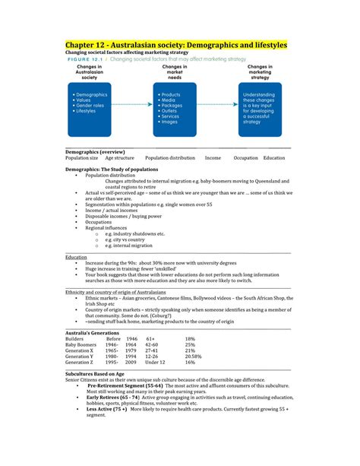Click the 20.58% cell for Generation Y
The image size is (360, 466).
(x=194, y=355)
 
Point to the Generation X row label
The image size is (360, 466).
(x=80, y=350)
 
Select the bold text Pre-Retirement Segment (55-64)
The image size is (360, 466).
(x=124, y=386)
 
